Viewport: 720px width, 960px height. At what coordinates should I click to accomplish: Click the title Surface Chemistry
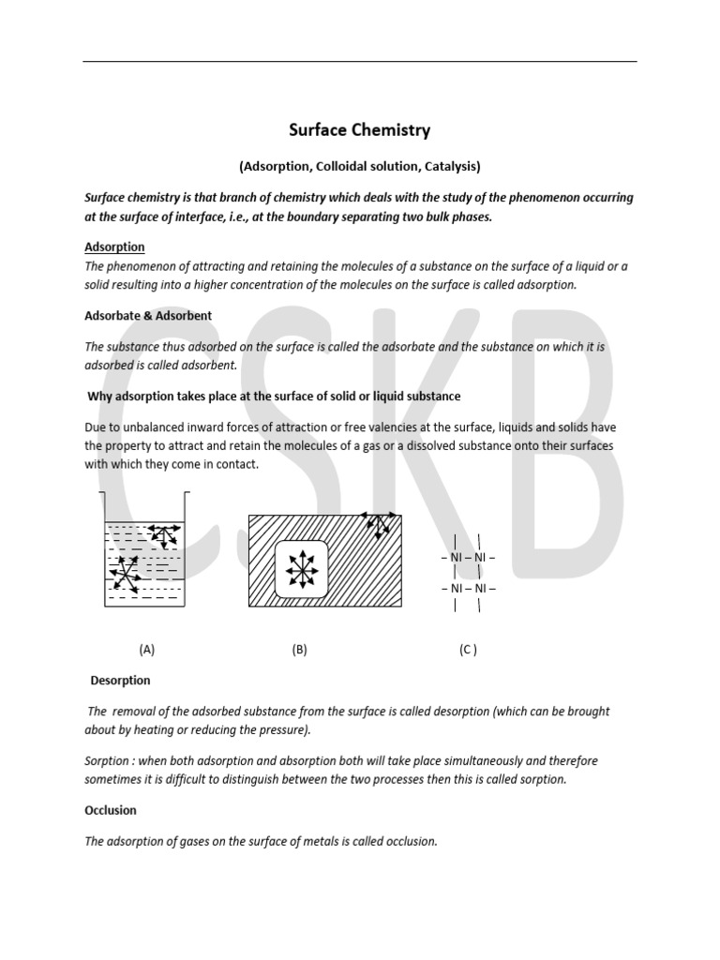pos(359,130)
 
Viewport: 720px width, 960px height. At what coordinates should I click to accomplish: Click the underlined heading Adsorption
pos(114,247)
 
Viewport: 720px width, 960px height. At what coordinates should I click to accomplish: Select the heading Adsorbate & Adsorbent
pos(148,316)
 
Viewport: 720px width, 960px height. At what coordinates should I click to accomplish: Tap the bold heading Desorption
pos(120,680)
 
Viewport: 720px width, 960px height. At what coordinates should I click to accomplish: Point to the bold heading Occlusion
pos(111,810)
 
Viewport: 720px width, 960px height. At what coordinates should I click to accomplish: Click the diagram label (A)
pos(146,649)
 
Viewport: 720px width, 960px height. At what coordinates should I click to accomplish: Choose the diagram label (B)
pos(300,649)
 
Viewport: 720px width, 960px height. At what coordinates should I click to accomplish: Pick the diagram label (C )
pos(468,649)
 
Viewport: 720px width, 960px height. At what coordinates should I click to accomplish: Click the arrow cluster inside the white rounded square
pos(301,568)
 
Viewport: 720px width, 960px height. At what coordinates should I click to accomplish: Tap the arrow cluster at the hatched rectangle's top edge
pos(378,524)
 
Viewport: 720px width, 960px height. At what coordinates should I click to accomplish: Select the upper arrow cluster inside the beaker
pos(164,536)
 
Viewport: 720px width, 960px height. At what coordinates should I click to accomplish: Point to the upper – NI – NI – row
pos(468,558)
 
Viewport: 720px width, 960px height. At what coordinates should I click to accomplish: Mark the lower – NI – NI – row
pos(468,589)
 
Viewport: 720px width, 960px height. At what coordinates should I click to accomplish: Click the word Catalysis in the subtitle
pos(449,166)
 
